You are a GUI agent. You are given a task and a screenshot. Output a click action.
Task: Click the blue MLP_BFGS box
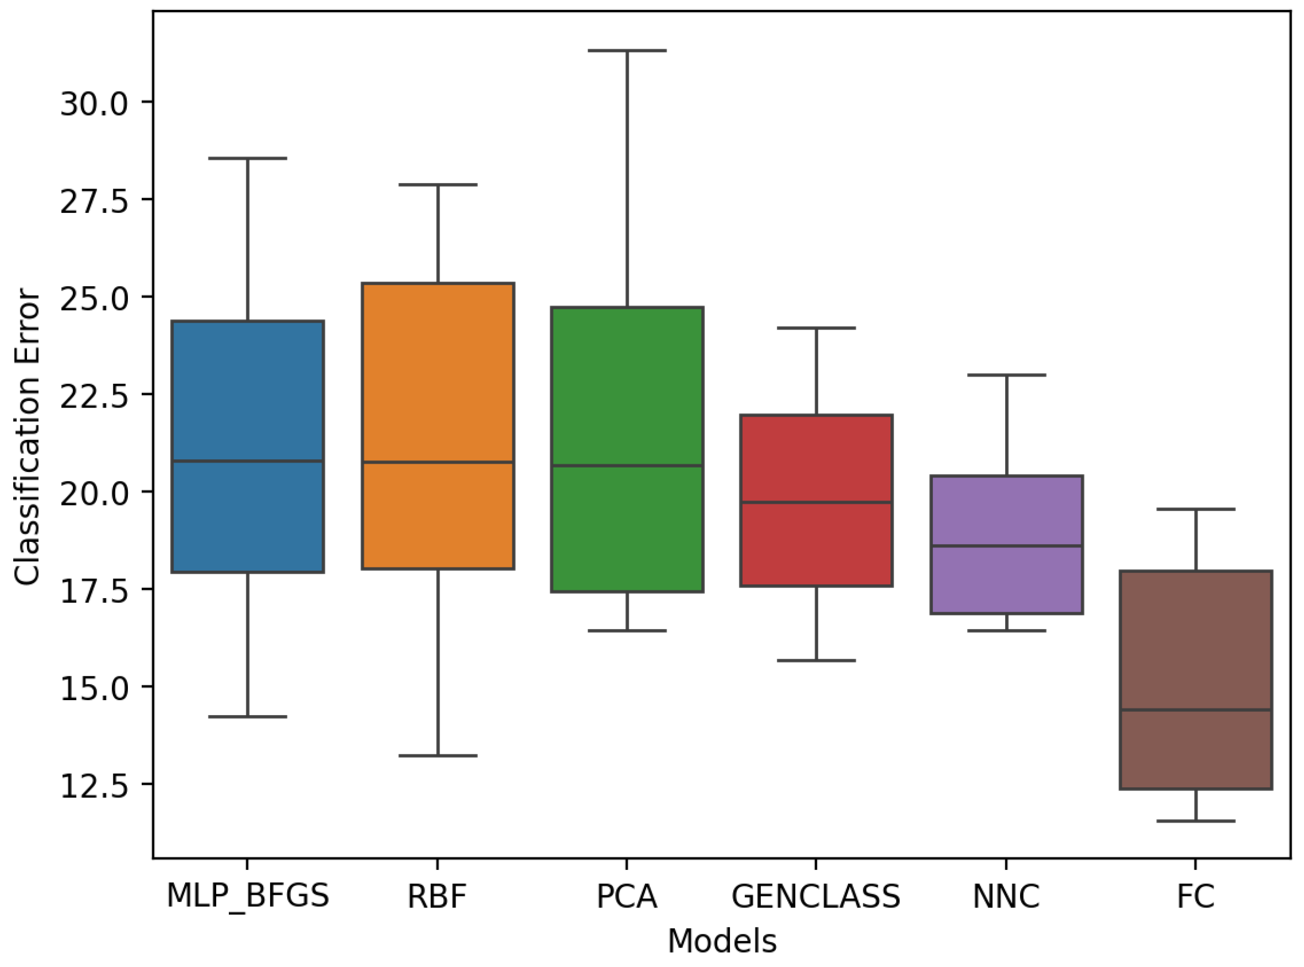coord(248,398)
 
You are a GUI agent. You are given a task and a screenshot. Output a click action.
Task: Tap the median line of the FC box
coord(1196,710)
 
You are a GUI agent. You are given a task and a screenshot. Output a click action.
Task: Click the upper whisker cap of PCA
coord(627,51)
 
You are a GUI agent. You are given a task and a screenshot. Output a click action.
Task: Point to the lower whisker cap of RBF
coord(438,756)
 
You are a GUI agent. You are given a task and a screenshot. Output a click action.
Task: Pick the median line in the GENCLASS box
coord(816,502)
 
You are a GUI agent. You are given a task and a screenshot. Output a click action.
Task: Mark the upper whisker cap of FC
coord(1196,509)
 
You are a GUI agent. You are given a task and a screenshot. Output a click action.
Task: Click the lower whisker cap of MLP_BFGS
coord(248,717)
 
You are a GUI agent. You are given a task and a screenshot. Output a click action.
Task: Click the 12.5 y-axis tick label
coord(94,786)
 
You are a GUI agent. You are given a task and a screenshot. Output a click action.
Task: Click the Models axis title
coord(722,941)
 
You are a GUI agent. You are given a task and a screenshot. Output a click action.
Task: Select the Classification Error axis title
coord(27,436)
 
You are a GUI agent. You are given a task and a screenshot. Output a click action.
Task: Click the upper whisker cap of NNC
coord(1007,375)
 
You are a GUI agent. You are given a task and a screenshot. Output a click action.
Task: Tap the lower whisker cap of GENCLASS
coord(816,660)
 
